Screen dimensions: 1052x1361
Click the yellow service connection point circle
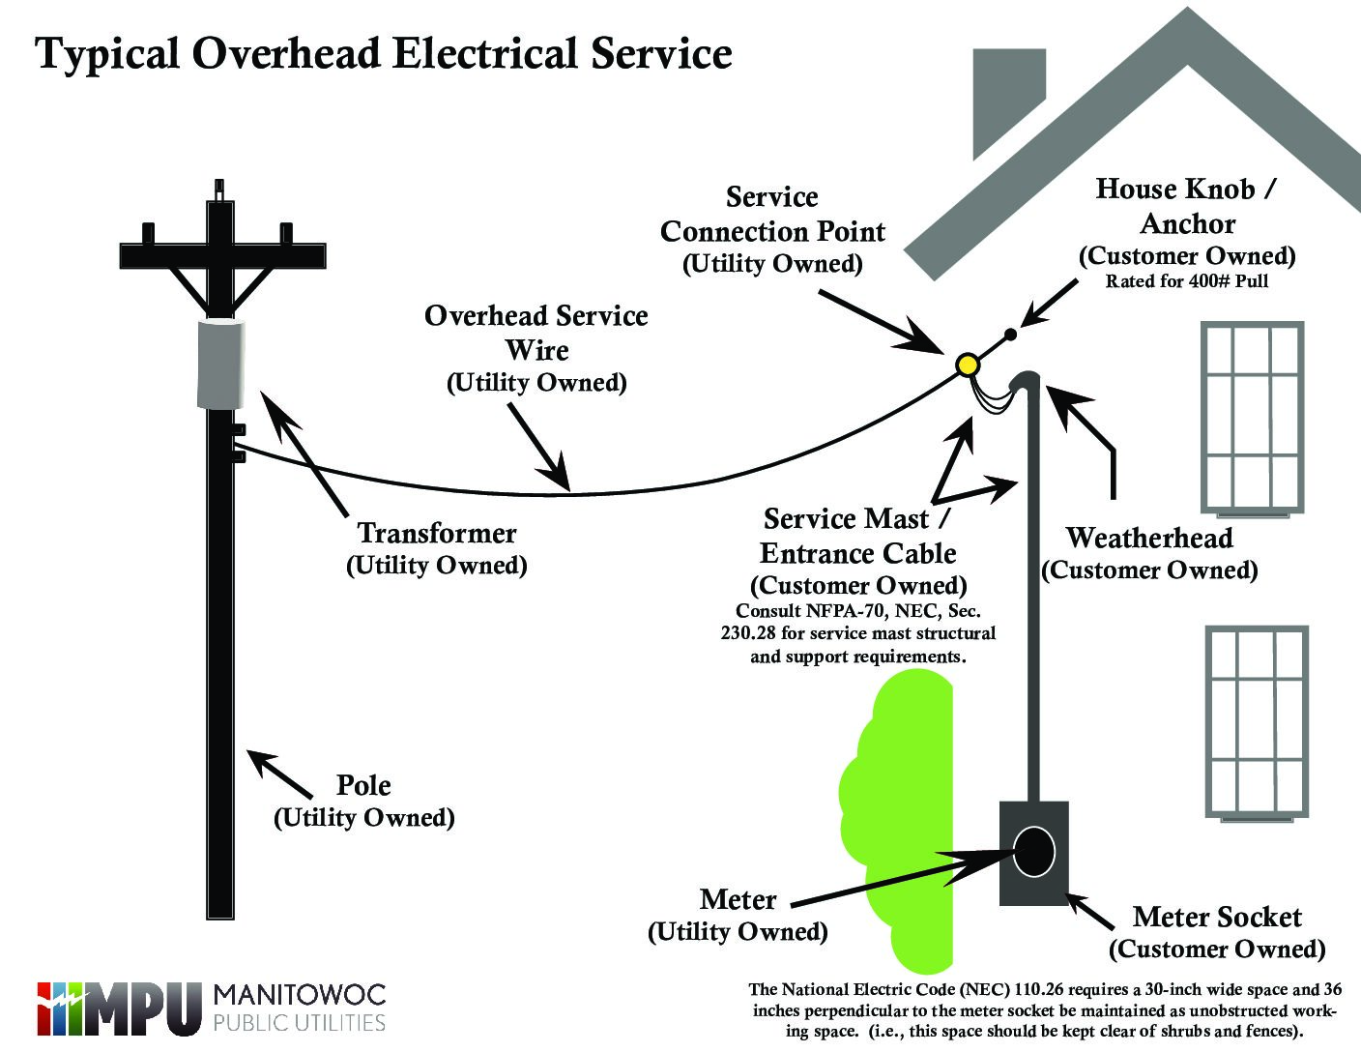967,364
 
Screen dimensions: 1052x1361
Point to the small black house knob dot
1010,335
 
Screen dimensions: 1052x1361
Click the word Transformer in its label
437,533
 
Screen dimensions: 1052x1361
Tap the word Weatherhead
1149,538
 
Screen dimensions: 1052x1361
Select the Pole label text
363,785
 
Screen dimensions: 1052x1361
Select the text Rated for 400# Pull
1187,282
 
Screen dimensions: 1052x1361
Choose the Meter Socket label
1217,917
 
